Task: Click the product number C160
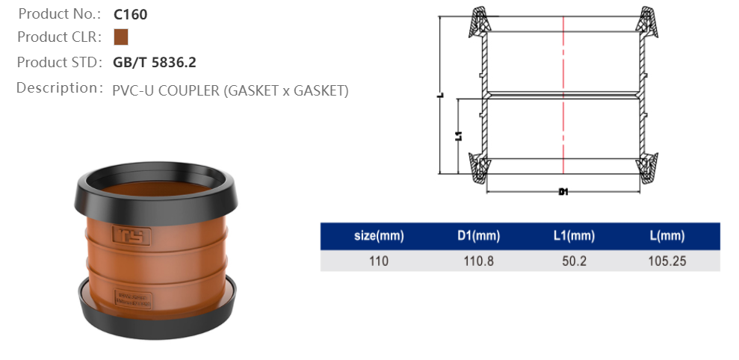[130, 14]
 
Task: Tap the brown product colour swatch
[121, 37]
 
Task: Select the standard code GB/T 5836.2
[155, 63]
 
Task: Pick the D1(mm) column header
[477, 237]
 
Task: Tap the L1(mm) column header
[573, 237]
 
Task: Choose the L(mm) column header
[667, 237]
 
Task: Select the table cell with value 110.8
[477, 261]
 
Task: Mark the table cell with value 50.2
[573, 261]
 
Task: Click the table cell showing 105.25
[667, 261]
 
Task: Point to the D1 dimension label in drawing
[563, 192]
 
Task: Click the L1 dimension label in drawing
[458, 136]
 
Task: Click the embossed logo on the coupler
[132, 235]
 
